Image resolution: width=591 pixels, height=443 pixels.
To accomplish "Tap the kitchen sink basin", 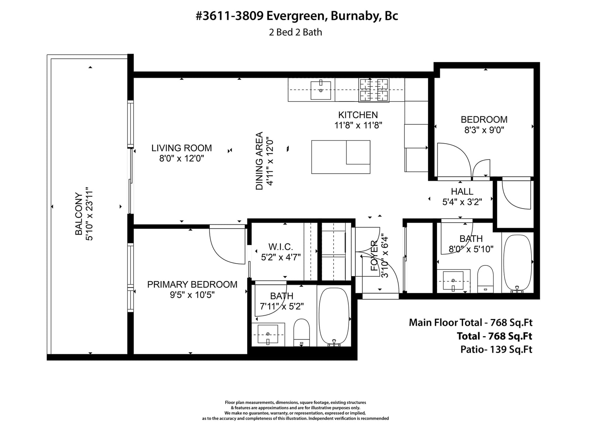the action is click(321, 90).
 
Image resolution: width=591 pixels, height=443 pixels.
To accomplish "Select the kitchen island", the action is click(341, 157).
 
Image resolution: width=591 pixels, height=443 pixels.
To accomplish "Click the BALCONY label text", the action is click(79, 214).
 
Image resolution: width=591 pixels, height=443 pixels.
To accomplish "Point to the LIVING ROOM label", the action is click(181, 148).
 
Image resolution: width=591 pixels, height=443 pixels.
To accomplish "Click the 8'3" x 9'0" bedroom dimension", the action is click(484, 130).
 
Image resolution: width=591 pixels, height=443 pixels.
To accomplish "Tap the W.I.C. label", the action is click(281, 247).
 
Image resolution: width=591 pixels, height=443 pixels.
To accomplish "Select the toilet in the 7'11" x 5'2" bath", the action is click(301, 333).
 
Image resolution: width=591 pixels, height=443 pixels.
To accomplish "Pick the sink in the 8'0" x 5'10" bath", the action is click(453, 281).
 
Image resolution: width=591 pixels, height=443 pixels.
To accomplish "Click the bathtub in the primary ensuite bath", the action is click(334, 317).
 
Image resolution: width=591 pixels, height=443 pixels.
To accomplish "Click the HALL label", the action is click(462, 191).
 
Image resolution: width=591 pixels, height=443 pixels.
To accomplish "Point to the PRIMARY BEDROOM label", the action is click(192, 284).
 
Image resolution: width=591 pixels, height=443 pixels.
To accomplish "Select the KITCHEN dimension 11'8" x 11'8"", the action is click(358, 125).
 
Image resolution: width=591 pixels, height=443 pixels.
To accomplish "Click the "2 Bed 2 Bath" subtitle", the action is click(295, 32).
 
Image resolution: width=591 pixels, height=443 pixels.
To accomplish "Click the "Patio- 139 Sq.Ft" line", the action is click(496, 349).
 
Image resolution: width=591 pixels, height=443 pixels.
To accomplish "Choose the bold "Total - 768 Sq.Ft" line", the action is click(495, 336).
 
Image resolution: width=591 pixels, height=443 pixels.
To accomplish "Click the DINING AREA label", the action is click(259, 161).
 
